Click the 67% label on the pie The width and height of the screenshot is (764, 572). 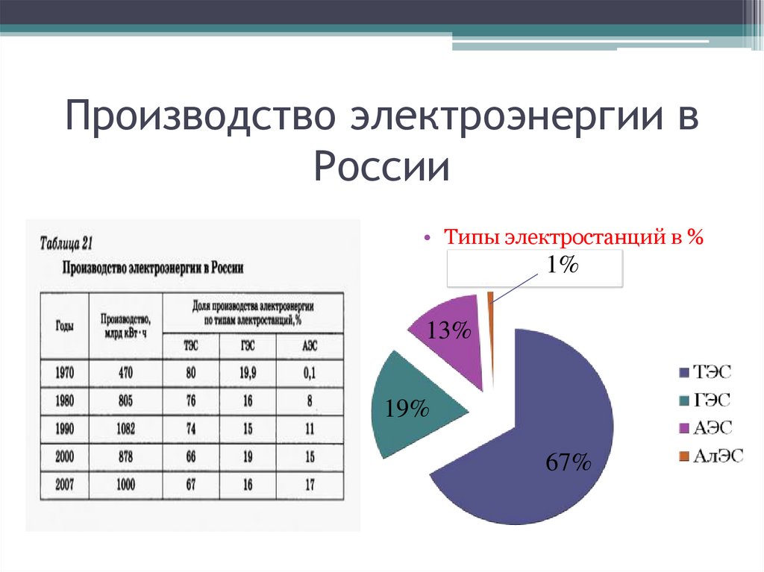(568, 463)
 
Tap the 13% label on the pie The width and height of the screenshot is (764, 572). (448, 331)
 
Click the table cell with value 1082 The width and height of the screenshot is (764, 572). (125, 429)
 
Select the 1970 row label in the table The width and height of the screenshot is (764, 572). (64, 373)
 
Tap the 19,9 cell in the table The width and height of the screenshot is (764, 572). (248, 373)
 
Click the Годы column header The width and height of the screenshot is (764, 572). (64, 326)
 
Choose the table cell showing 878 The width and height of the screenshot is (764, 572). (125, 457)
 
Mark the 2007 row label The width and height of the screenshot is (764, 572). (64, 485)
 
